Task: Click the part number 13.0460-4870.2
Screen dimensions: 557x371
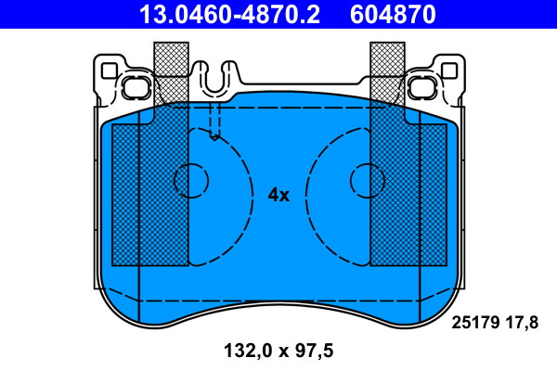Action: pyautogui.click(x=229, y=15)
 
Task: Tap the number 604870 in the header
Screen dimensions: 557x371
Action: pyautogui.click(x=393, y=15)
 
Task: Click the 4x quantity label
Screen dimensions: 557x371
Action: pyautogui.click(x=278, y=195)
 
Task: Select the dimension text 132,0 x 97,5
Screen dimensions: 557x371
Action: pyautogui.click(x=278, y=351)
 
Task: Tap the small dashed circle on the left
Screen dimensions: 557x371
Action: pyautogui.click(x=191, y=180)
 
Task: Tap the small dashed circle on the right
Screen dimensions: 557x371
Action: pyautogui.click(x=368, y=180)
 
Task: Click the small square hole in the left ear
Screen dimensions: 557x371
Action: pyautogui.click(x=109, y=71)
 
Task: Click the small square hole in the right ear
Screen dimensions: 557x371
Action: pyautogui.click(x=449, y=71)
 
